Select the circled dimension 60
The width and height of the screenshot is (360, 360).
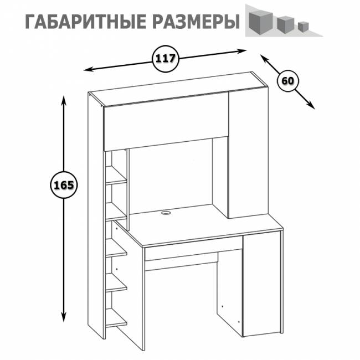coord(287,80)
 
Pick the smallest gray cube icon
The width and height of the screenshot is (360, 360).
coord(302,25)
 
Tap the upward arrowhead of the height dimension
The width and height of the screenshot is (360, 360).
coord(64,100)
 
